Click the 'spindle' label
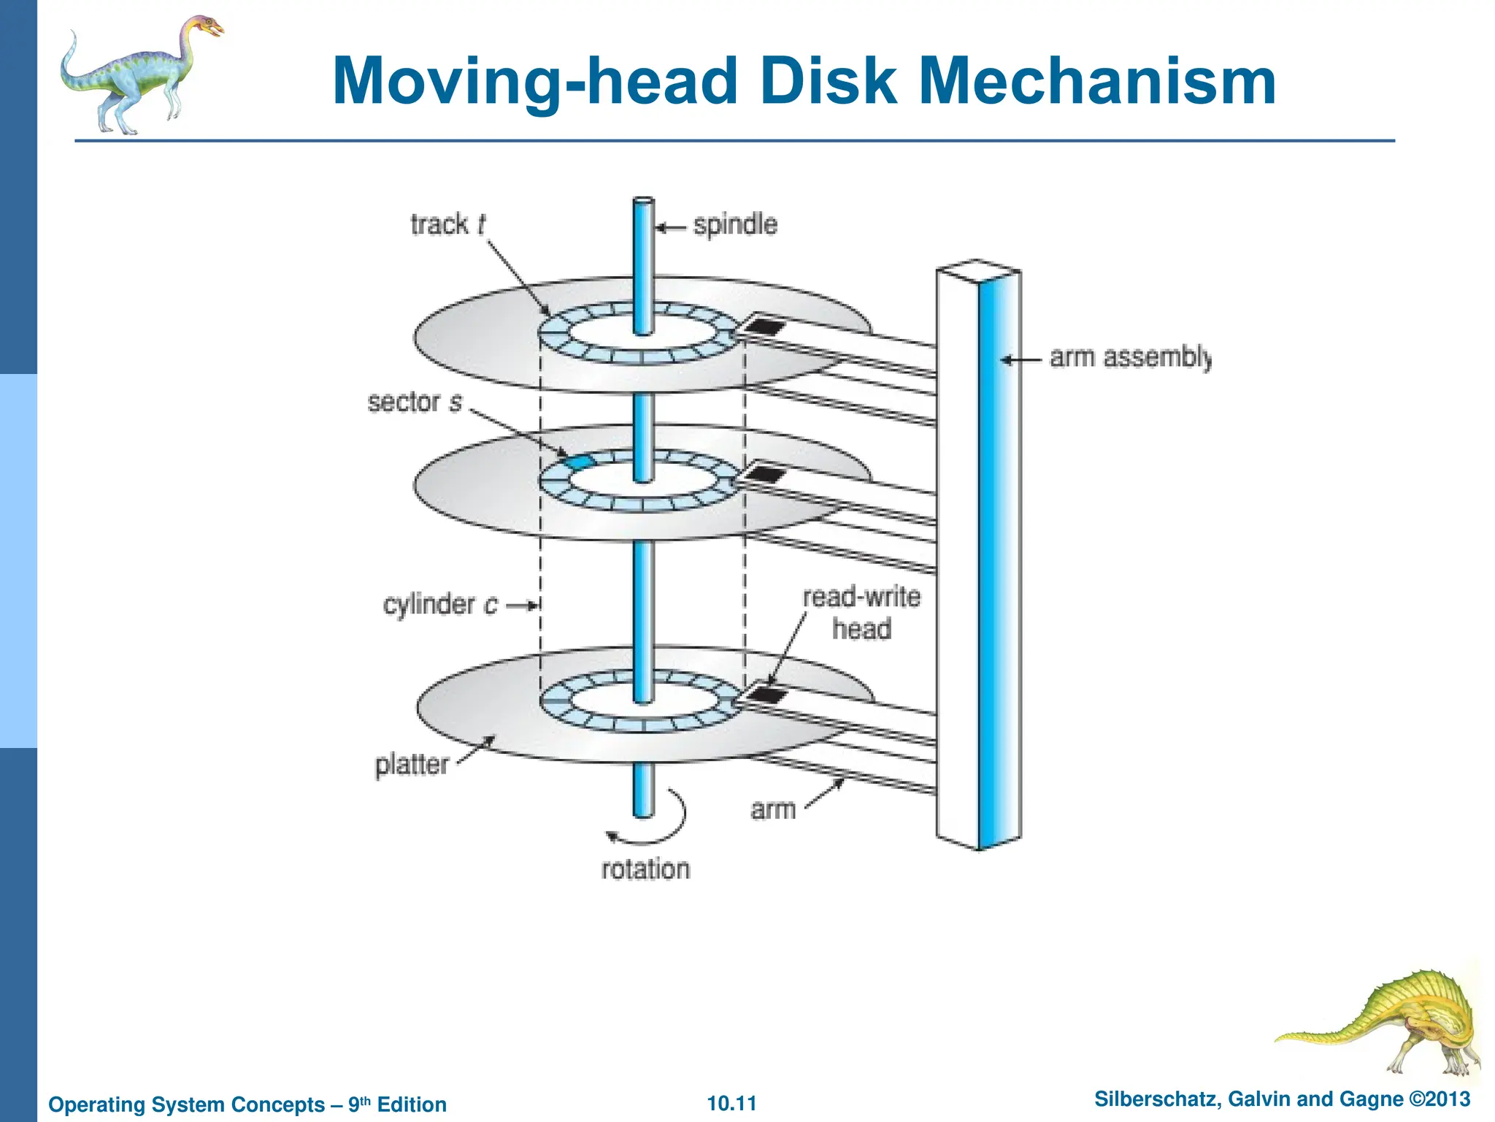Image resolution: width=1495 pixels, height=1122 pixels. tap(735, 225)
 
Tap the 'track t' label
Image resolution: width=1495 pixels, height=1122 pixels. tap(447, 224)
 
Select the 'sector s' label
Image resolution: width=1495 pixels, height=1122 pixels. tap(415, 402)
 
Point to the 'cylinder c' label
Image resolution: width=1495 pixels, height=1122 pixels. tap(440, 605)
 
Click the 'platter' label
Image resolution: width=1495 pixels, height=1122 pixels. tap(412, 765)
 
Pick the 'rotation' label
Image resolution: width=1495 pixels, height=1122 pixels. tap(645, 869)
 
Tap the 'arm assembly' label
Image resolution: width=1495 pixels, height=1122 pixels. tap(1129, 358)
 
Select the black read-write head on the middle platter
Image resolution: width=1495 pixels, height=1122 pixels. tap(766, 475)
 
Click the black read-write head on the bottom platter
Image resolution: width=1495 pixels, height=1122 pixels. tap(766, 694)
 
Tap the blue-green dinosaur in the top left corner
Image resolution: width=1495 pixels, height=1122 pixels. tap(139, 73)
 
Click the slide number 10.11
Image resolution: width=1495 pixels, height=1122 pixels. tap(731, 1103)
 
